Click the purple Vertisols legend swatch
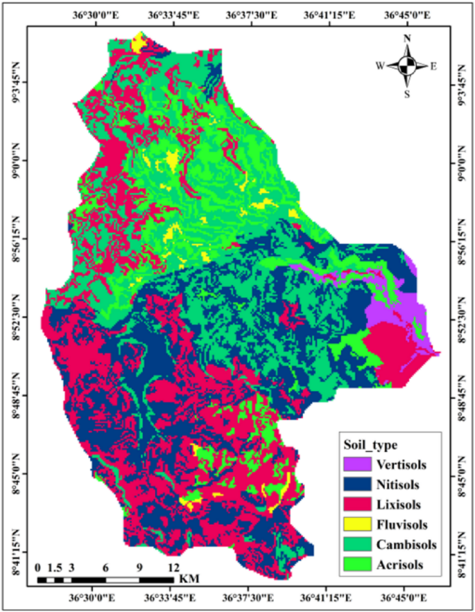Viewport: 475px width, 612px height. [355, 464]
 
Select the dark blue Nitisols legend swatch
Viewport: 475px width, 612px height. [355, 484]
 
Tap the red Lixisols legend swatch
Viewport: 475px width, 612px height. [355, 505]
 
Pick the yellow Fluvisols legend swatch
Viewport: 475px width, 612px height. [355, 525]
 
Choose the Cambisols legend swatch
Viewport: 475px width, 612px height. [355, 545]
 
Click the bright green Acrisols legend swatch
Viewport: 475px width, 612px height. [355, 565]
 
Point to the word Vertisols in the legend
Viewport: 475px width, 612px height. [402, 464]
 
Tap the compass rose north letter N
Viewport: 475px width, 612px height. [408, 39]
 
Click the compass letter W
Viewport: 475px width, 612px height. [380, 67]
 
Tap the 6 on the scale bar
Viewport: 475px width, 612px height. [105, 568]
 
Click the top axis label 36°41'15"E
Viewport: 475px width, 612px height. [328, 14]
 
